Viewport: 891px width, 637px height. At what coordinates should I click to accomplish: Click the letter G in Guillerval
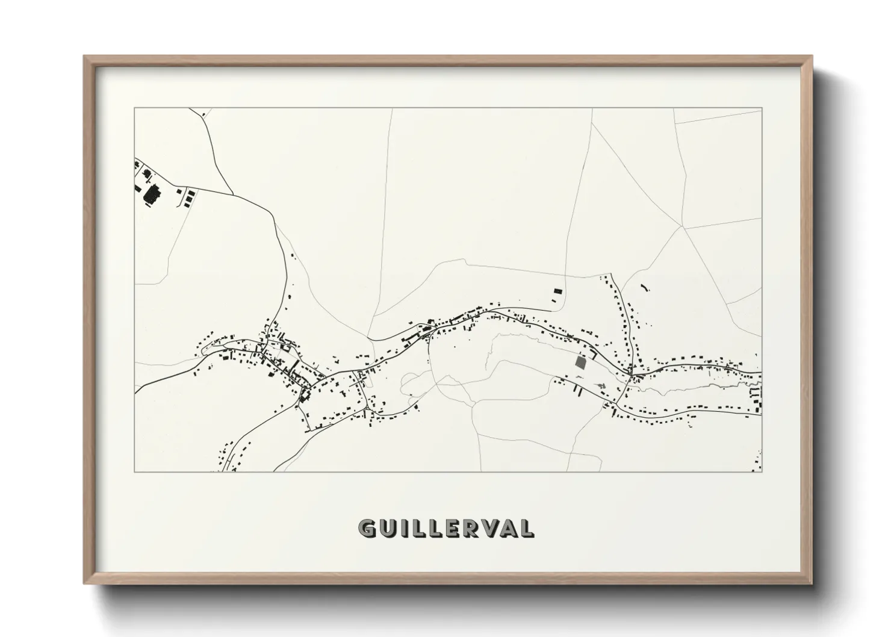click(367, 529)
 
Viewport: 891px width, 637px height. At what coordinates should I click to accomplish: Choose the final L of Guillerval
click(527, 529)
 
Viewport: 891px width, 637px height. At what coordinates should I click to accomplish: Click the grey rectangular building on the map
click(580, 362)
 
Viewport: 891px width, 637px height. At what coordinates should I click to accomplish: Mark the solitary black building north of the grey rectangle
click(557, 291)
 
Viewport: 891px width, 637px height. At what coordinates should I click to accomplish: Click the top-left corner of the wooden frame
click(84, 56)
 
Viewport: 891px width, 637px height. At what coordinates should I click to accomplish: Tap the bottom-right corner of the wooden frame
click(812, 584)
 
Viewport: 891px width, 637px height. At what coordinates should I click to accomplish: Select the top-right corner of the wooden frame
click(812, 56)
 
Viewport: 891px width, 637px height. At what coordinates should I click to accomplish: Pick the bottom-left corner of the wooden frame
click(84, 584)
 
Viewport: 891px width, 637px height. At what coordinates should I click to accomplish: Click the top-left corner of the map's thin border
click(135, 108)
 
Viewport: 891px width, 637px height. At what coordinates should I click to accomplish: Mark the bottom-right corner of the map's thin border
click(762, 471)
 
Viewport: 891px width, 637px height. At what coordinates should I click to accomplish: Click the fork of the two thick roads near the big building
click(234, 194)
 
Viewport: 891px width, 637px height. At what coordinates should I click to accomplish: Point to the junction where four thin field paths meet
click(683, 228)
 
